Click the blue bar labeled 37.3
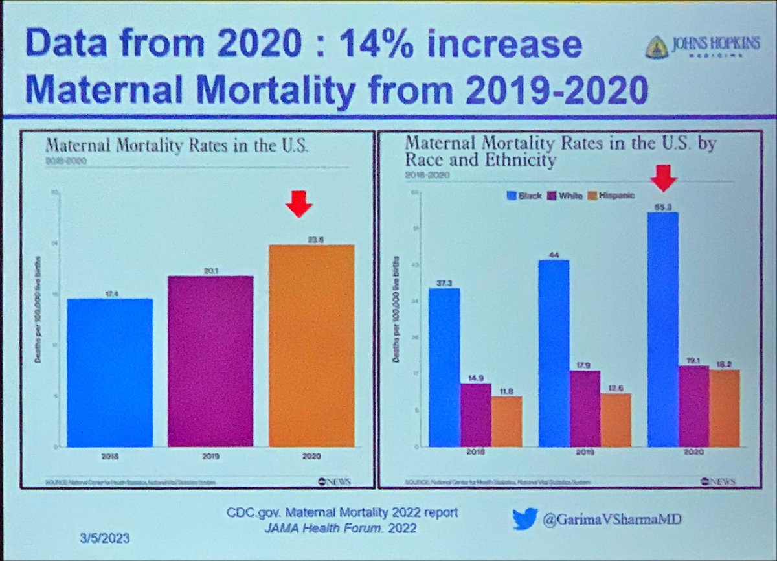444,367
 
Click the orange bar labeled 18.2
724,408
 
